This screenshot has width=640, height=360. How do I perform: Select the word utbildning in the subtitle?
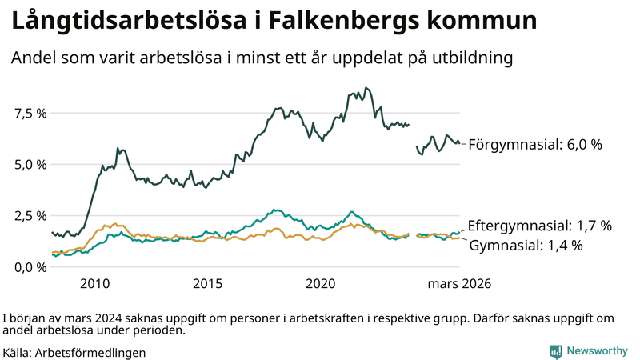pos(467,58)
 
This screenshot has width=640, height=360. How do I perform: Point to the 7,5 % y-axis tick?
pos(30,113)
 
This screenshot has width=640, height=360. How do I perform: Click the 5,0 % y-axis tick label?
pos(30,164)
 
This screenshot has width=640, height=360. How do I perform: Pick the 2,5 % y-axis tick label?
pos(30,215)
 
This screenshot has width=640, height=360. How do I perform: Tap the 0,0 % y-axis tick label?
pos(30,266)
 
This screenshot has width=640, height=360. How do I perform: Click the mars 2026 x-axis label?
pos(459,284)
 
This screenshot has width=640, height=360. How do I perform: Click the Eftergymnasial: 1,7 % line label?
pos(540,226)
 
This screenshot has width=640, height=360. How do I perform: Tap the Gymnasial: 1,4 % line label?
pos(526,245)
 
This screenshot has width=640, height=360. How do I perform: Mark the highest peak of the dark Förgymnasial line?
pos(366,88)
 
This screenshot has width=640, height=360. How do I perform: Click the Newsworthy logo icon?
pos(555,351)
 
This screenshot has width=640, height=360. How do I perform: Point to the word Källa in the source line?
pos(18,352)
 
